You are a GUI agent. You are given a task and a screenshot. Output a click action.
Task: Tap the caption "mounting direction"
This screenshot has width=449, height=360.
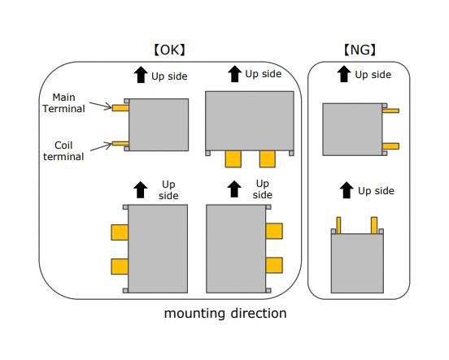click(225, 313)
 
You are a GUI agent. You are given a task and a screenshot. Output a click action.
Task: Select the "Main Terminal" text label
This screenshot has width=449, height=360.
click(63, 102)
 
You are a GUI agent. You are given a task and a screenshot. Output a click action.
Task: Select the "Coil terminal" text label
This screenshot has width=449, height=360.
click(63, 150)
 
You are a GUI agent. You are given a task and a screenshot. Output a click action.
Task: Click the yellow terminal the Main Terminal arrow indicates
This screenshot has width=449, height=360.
click(120, 107)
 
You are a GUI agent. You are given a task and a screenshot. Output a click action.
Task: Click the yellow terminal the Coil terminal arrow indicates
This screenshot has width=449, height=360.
click(120, 144)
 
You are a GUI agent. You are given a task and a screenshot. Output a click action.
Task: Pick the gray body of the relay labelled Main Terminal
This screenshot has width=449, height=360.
click(159, 124)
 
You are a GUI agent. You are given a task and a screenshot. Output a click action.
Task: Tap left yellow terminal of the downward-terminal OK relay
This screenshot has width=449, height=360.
click(233, 158)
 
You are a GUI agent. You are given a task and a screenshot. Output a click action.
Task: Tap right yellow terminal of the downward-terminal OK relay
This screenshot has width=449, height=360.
click(268, 158)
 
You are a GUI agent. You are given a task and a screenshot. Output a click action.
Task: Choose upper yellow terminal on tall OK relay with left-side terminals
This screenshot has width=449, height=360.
click(120, 232)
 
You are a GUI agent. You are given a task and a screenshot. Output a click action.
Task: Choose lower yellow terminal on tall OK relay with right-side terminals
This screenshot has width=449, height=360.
click(274, 265)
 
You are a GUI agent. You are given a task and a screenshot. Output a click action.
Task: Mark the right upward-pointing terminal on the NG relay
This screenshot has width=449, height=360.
click(375, 225)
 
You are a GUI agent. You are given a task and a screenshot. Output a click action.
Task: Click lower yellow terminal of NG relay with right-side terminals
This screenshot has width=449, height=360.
click(390, 146)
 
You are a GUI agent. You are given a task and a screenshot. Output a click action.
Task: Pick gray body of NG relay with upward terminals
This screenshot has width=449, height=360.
click(357, 262)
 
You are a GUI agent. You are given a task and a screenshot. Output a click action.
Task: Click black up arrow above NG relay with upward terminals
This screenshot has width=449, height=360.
click(347, 190)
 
